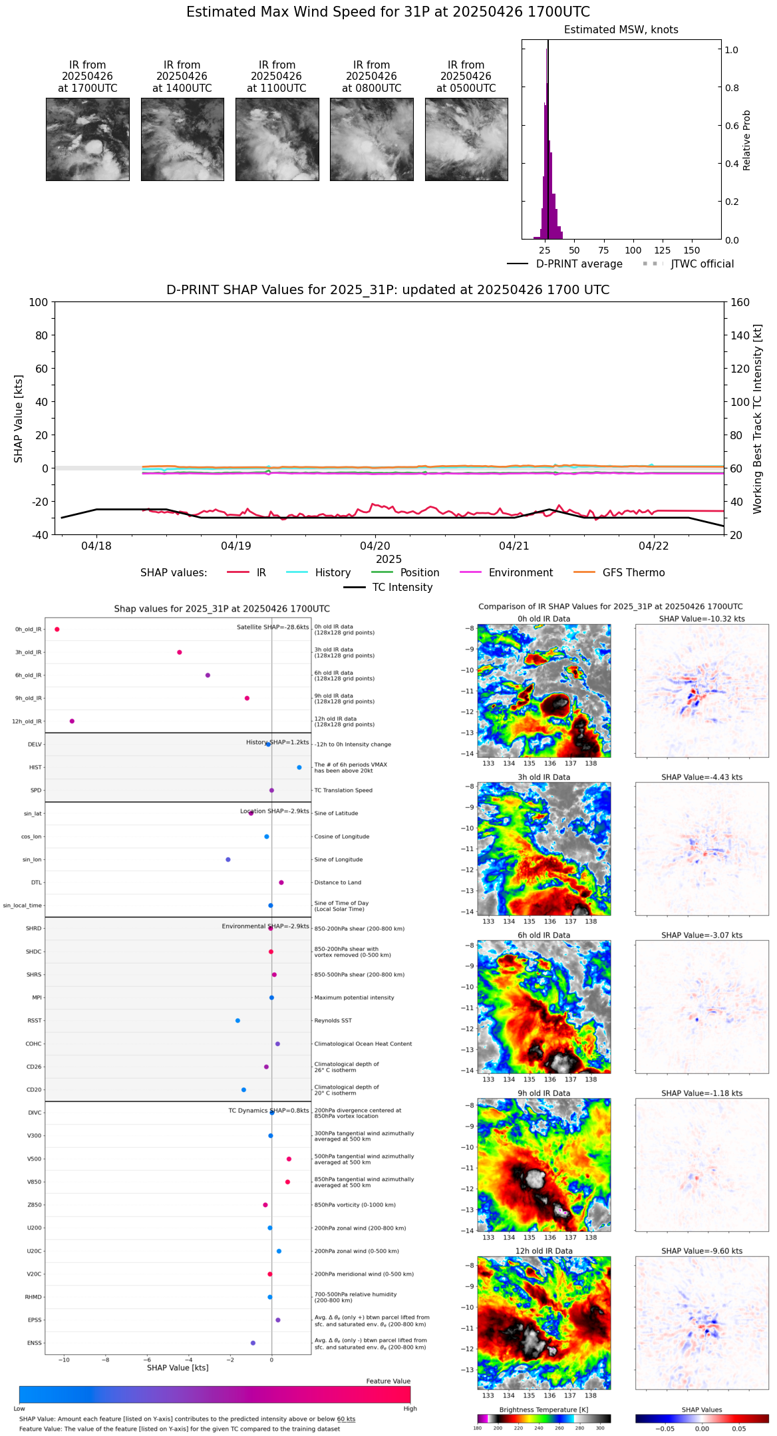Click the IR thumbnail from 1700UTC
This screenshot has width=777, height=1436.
point(88,139)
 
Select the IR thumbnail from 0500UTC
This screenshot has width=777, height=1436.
point(466,139)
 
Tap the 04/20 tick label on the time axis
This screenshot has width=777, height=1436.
point(375,546)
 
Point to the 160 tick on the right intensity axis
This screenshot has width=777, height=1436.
point(740,302)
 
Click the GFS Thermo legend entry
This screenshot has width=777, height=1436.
point(633,573)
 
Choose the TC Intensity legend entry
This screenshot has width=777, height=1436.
point(402,588)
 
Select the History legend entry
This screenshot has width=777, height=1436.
point(333,573)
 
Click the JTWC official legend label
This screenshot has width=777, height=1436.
point(702,264)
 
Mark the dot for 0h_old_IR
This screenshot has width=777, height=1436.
point(57,629)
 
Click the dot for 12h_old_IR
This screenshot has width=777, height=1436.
point(72,721)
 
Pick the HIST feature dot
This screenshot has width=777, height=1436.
point(299,768)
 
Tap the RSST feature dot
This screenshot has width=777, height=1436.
point(237,1021)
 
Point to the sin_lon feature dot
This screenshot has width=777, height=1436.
point(228,860)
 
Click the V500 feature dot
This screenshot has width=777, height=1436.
point(289,1159)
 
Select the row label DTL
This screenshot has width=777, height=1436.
point(36,883)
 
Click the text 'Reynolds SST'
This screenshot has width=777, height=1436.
point(333,1021)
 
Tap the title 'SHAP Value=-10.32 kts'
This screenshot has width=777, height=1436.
point(702,619)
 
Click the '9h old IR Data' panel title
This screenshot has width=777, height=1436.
point(544,1093)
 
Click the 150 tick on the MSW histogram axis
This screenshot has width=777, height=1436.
point(692,251)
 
